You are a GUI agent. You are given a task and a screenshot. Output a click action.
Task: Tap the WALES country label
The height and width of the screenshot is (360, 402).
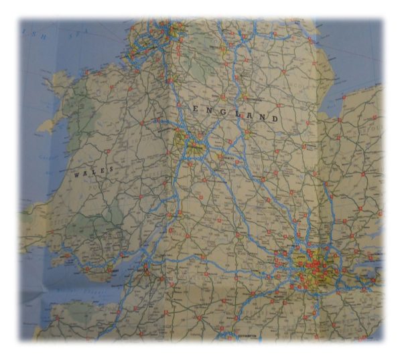click(x=94, y=172)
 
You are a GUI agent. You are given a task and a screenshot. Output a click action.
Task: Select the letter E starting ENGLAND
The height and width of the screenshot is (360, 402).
click(x=196, y=108)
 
